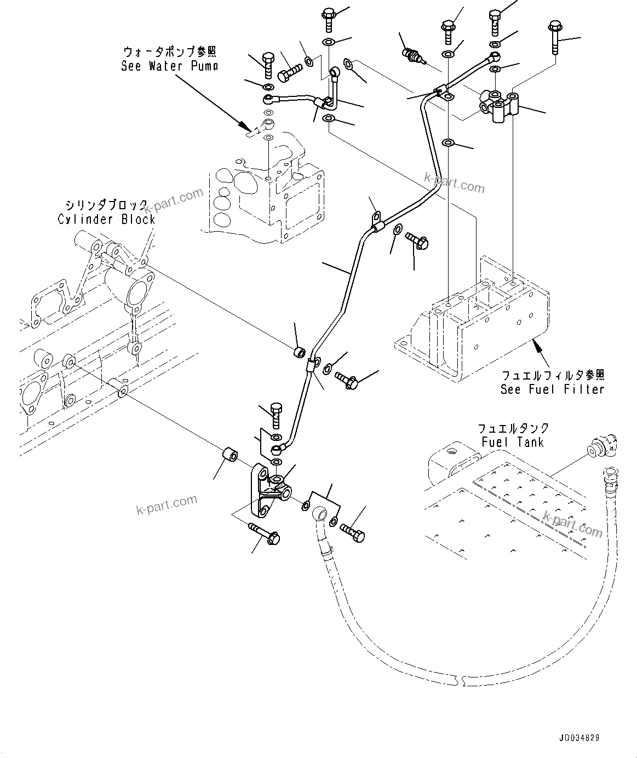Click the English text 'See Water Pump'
click(169, 66)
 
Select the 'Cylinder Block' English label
click(106, 219)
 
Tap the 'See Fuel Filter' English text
click(552, 389)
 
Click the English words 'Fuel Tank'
click(512, 441)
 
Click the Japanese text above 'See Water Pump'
click(169, 52)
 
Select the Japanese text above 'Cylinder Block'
click(106, 205)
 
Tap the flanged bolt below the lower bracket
click(265, 534)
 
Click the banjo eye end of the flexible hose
click(321, 515)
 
